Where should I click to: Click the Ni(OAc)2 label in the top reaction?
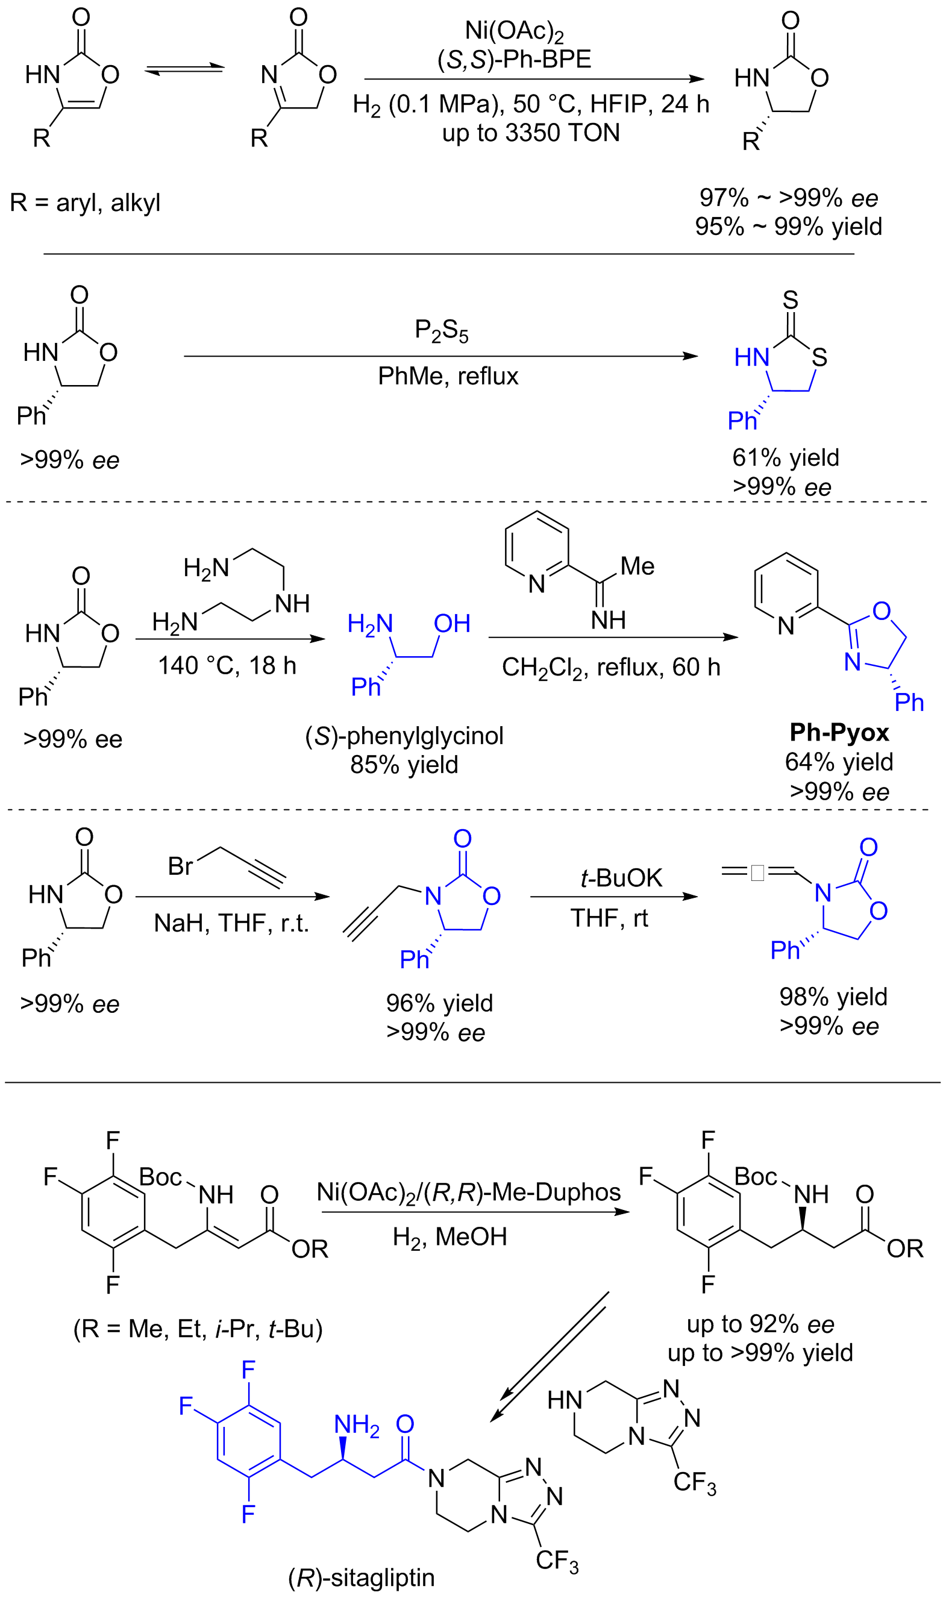[x=514, y=31]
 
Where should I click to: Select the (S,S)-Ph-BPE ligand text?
[x=514, y=59]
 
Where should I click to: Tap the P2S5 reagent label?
[x=441, y=330]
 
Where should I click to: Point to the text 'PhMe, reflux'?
[x=448, y=376]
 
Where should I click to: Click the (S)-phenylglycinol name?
[x=404, y=736]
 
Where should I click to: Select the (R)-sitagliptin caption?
[x=361, y=1577]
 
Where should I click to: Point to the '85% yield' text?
[x=404, y=764]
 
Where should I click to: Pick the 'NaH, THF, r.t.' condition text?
[x=231, y=923]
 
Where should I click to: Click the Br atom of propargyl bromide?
[x=180, y=866]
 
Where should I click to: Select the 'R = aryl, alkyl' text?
[x=85, y=202]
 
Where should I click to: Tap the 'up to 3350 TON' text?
[x=530, y=133]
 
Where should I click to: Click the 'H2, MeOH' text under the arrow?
[x=450, y=1236]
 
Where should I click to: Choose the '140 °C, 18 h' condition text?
[x=227, y=665]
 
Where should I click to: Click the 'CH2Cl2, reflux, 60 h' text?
[x=611, y=668]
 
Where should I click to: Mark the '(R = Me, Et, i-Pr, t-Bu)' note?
[x=198, y=1329]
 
